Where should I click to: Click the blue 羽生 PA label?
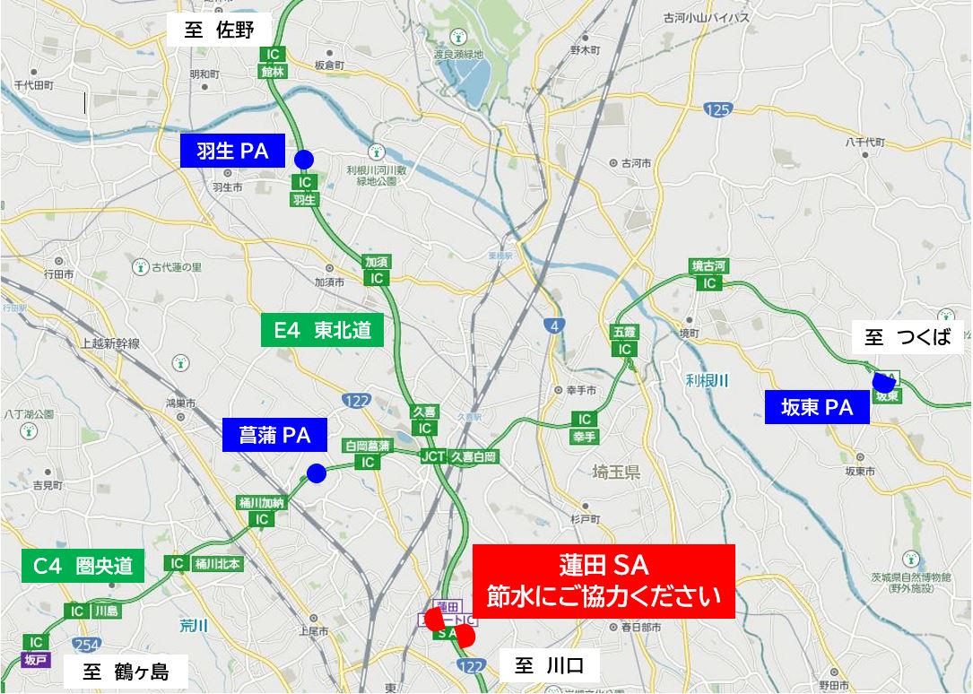click(232, 151)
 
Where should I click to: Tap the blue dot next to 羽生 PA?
click(304, 159)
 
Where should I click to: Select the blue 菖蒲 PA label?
click(274, 436)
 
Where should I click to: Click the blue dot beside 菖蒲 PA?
click(316, 473)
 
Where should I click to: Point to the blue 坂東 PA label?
click(817, 408)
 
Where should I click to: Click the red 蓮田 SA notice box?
click(604, 581)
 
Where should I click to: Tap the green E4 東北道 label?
click(322, 330)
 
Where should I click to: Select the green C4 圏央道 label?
click(83, 566)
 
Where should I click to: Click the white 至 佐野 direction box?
click(221, 30)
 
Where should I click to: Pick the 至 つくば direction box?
click(908, 339)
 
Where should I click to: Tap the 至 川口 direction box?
click(549, 666)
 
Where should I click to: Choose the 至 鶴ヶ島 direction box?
click(126, 672)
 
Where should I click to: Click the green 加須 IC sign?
click(376, 270)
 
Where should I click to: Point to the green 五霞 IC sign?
click(625, 340)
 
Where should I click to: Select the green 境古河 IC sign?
click(709, 274)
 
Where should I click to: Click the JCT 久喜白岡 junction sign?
click(459, 456)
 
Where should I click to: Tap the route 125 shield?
click(717, 109)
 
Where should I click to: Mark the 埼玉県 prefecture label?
click(616, 472)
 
